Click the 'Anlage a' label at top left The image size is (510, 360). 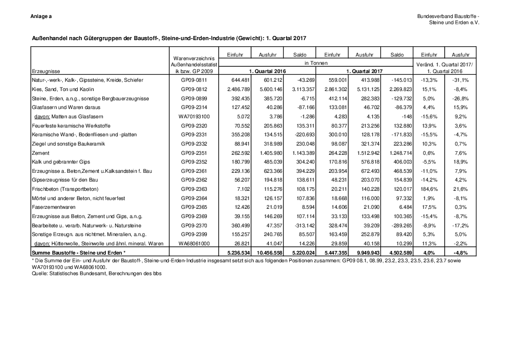pyautogui.click(x=41, y=17)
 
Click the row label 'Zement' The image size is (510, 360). pyautogui.click(x=40, y=153)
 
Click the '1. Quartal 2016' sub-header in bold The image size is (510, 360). pyautogui.click(x=267, y=71)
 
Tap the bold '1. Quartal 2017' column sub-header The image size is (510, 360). pyautogui.click(x=364, y=71)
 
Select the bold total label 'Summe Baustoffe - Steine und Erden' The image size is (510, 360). pyautogui.click(x=78, y=254)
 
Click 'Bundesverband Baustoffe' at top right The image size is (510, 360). pyautogui.click(x=448, y=17)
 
